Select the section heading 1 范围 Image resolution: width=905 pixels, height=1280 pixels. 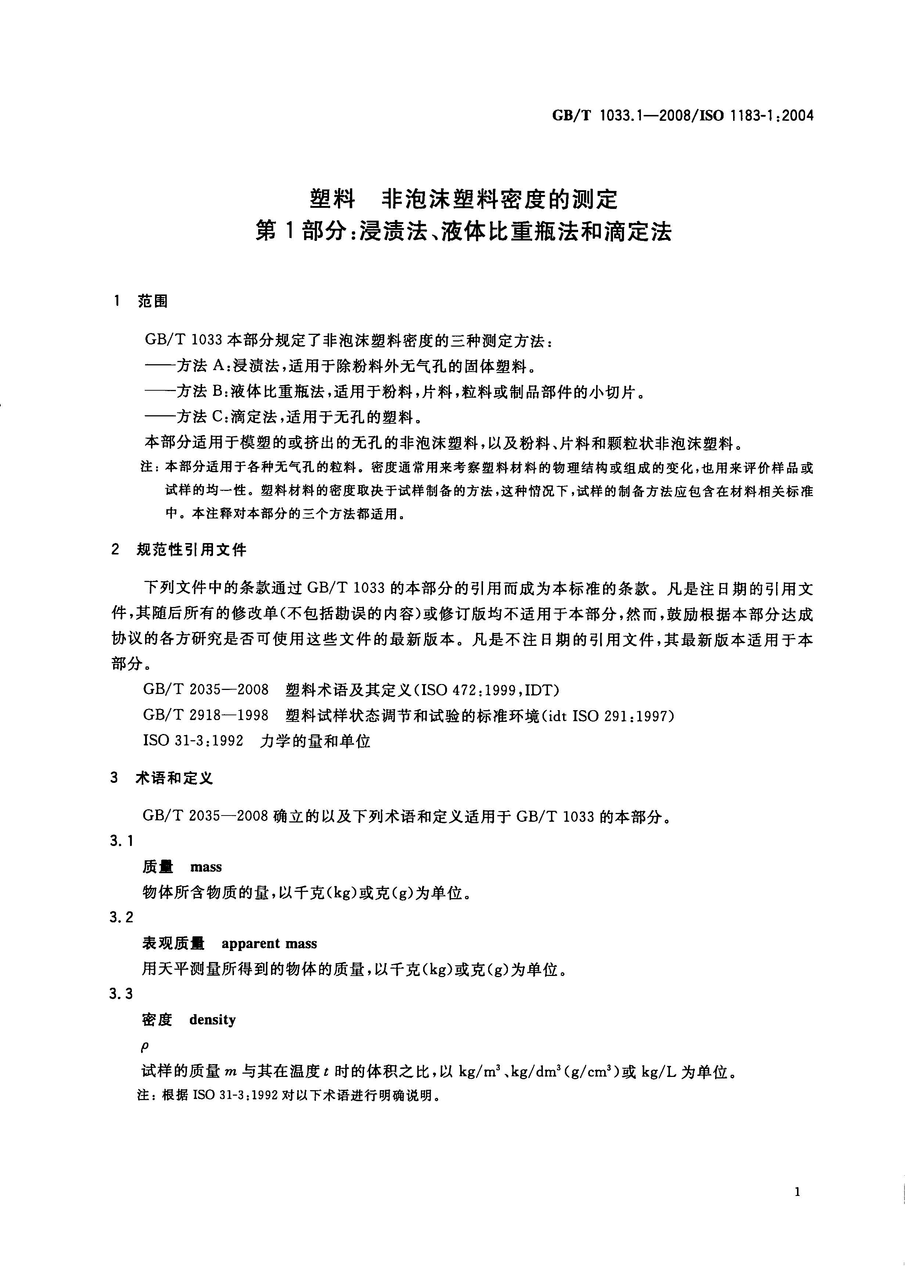click(141, 301)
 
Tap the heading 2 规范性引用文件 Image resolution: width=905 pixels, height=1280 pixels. click(179, 550)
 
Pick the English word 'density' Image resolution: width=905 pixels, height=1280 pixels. click(212, 1020)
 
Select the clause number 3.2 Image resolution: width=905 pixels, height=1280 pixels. click(122, 918)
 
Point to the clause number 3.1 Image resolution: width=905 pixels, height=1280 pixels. click(122, 841)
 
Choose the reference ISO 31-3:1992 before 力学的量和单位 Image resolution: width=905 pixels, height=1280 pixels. click(193, 741)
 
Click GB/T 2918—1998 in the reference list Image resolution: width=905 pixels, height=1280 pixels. click(206, 715)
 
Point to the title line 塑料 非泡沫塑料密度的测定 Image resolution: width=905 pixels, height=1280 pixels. click(464, 199)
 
